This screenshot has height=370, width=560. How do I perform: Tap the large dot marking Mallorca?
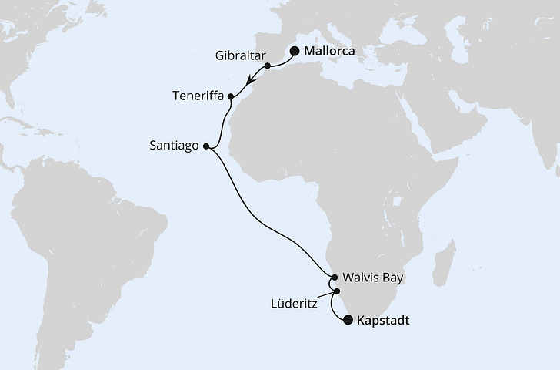click(294, 52)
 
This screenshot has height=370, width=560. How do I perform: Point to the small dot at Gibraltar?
click(267, 66)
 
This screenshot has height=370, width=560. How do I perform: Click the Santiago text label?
click(177, 144)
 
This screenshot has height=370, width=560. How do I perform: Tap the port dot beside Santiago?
click(205, 144)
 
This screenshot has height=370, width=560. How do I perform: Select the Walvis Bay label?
click(373, 277)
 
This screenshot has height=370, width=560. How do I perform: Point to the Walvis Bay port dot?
click(334, 277)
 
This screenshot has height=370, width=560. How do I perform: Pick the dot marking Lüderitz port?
click(336, 291)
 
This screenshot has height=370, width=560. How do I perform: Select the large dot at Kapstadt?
click(348, 320)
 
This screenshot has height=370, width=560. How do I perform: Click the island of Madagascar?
click(444, 262)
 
